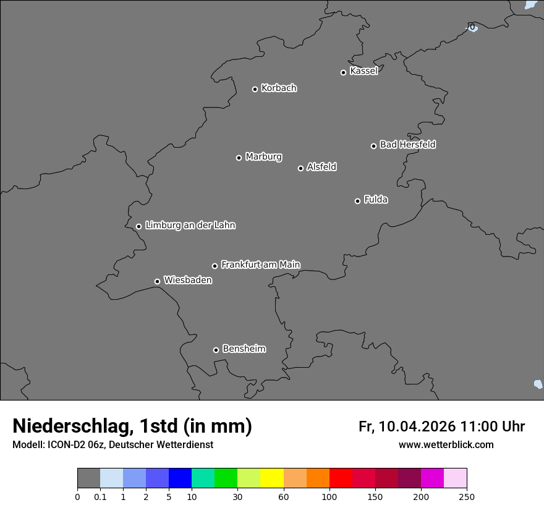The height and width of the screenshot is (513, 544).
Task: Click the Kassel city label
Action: coord(363,71)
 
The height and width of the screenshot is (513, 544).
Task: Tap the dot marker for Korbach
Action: coord(255,89)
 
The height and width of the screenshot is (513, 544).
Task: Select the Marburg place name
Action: coord(263,157)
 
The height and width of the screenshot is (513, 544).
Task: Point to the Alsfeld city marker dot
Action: coord(300,168)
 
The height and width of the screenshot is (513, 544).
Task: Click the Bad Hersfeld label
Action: coord(407,145)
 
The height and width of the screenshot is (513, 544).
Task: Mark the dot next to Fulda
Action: coord(357,201)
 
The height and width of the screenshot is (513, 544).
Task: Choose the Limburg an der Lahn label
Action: coord(190,226)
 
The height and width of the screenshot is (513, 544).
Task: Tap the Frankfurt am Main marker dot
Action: coord(215,266)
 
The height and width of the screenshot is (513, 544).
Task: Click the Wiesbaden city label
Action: coord(187,281)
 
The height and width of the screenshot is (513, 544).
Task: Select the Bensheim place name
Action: coord(244,349)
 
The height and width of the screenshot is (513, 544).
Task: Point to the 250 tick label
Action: coord(467,497)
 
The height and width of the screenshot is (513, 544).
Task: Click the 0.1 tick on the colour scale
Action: coord(100,497)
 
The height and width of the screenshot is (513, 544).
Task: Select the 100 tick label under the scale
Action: coord(329,497)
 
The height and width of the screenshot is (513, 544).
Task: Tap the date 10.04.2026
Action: coord(417,426)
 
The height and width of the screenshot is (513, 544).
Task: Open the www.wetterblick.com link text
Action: coord(446,445)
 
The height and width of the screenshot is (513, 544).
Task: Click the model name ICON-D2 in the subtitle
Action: coord(66,445)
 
